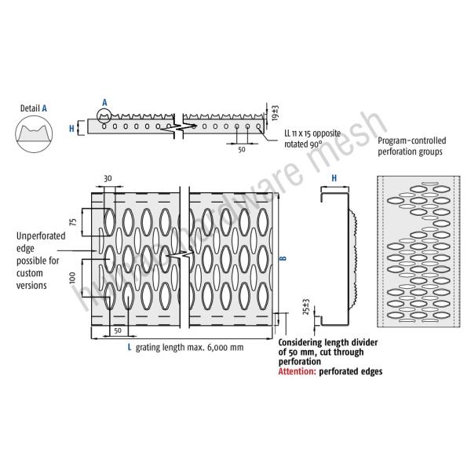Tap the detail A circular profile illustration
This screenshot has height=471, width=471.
(35, 133)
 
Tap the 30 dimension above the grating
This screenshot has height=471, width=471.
(107, 179)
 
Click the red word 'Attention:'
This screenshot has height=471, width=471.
(300, 371)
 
